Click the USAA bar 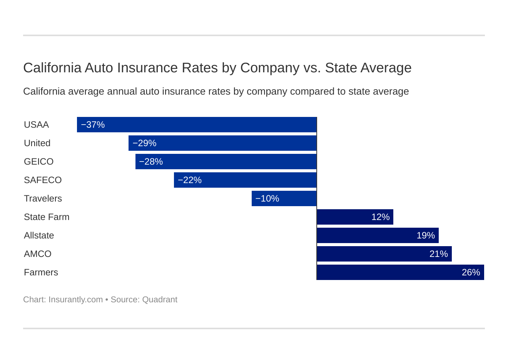[197, 125]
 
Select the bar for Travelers [284, 198]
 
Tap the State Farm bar [355, 217]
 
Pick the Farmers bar [400, 272]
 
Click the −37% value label [93, 125]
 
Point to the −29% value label [144, 143]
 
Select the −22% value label [190, 180]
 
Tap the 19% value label [426, 235]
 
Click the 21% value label [439, 254]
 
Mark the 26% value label [471, 272]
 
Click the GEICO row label [38, 162]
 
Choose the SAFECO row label [43, 180]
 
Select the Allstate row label [39, 235]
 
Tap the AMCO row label [38, 254]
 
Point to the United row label [37, 143]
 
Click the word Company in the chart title [270, 68]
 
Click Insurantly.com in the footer [75, 300]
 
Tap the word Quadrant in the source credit [160, 300]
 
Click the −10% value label [267, 198]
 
